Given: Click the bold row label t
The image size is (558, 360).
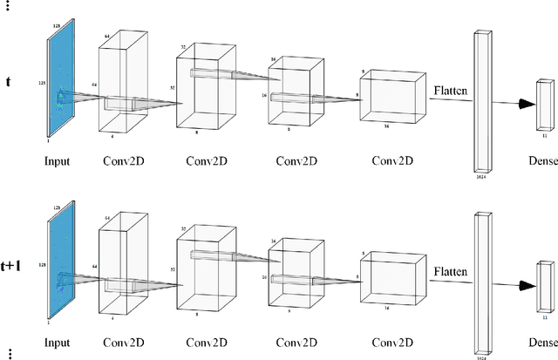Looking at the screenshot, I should pyautogui.click(x=9, y=83).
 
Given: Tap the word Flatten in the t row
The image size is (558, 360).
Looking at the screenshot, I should pyautogui.click(x=452, y=89).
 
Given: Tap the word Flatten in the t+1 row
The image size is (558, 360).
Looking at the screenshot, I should pyautogui.click(x=452, y=271).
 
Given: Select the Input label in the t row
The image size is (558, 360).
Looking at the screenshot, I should pyautogui.click(x=58, y=160).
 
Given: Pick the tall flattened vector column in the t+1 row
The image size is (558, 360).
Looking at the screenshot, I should pyautogui.click(x=480, y=282).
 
